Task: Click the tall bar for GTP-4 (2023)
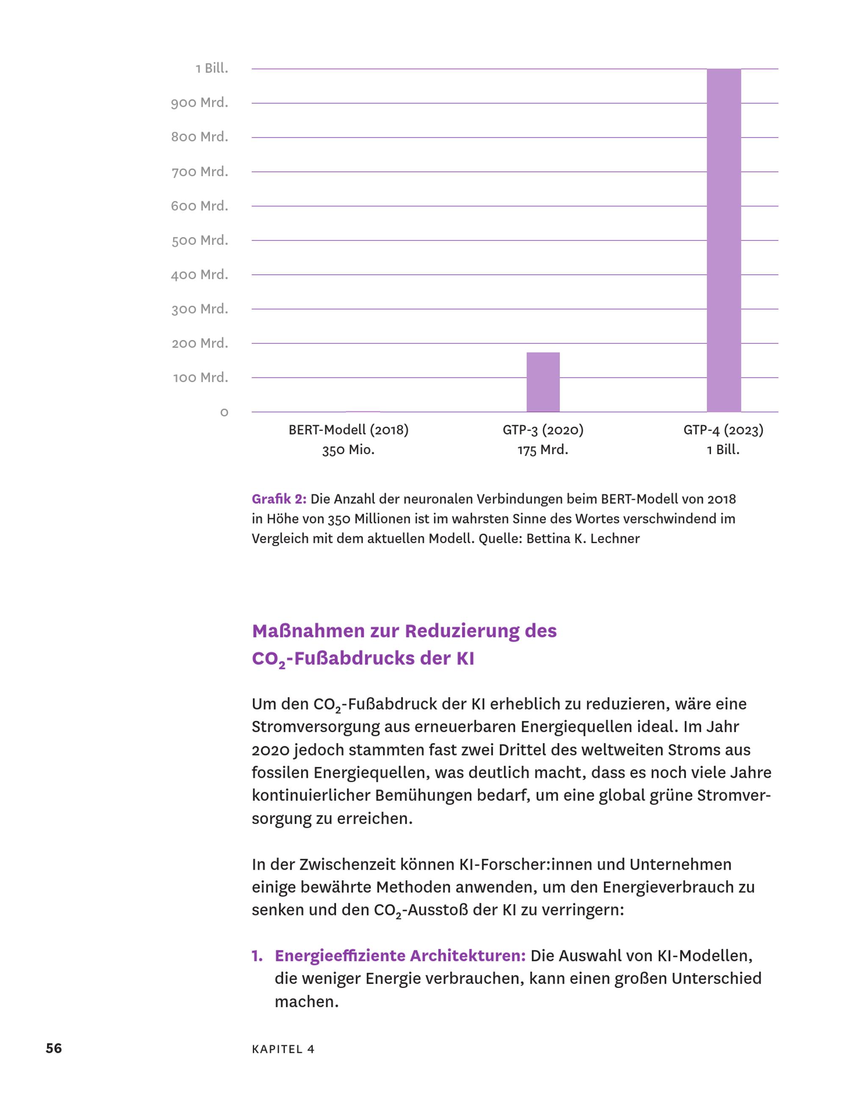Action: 723,240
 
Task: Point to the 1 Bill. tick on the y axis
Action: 212,69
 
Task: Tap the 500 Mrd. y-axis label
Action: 199,241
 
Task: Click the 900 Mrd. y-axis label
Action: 199,103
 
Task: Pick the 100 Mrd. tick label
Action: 201,377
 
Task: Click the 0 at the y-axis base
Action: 224,413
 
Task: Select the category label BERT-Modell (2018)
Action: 349,430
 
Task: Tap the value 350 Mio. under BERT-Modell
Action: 349,450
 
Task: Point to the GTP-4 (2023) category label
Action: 723,430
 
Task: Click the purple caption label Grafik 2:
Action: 279,499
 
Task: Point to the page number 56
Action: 54,1048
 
